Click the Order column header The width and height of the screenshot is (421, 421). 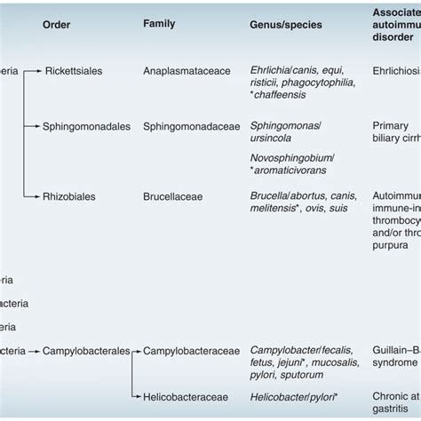coord(57,24)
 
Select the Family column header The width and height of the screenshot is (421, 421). coord(159,23)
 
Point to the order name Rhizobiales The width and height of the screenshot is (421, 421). coord(74,194)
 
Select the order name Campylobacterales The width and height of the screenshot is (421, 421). coord(86,351)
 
